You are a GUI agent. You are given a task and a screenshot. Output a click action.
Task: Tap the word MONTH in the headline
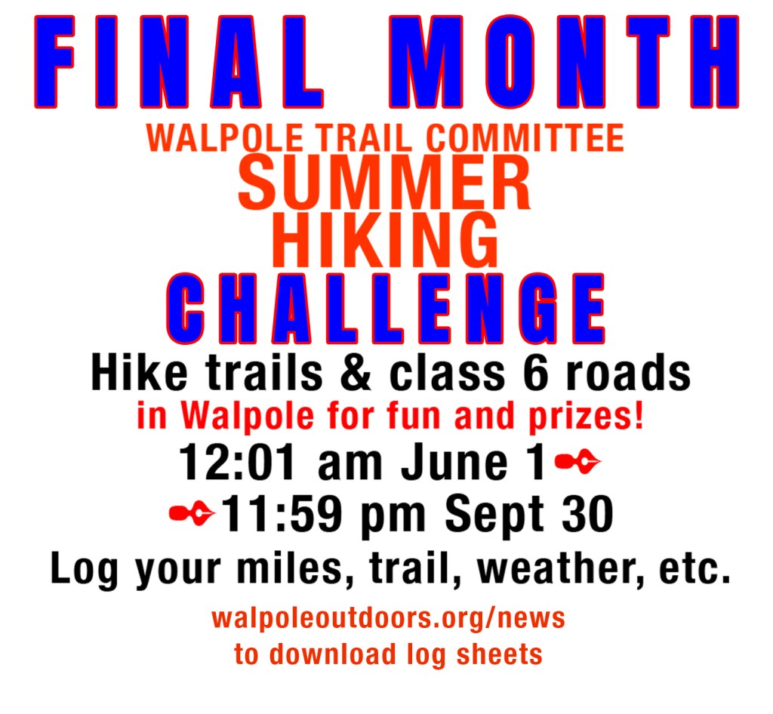[571, 63]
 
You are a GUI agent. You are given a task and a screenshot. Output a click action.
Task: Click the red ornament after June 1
[577, 462]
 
